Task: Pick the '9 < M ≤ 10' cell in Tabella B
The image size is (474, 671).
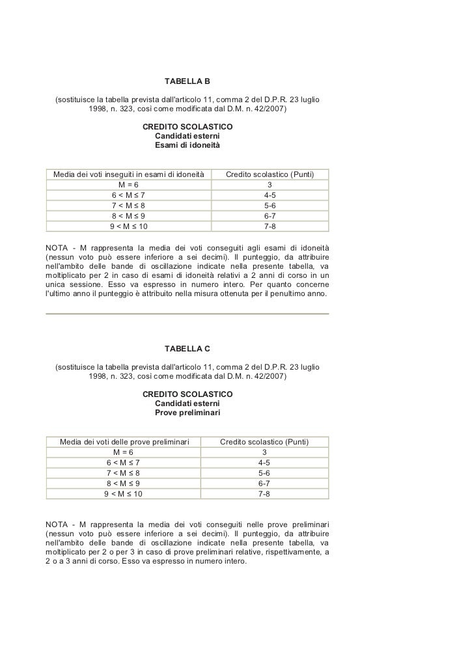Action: (128, 226)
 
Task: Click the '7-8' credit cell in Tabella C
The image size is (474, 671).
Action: (264, 494)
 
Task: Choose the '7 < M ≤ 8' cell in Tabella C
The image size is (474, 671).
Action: (123, 473)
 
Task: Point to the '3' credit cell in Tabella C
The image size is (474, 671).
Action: (264, 452)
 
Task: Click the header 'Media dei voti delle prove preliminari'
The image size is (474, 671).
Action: (124, 442)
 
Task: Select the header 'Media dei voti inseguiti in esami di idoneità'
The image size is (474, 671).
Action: (128, 174)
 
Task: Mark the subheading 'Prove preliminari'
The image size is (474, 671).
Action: (187, 413)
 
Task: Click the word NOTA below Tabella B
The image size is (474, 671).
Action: (57, 248)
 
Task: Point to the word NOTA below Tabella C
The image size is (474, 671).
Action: (57, 525)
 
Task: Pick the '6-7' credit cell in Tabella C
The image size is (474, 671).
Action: (264, 484)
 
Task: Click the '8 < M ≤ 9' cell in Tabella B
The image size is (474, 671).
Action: (128, 216)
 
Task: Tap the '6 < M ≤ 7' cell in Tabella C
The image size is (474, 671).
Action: (123, 463)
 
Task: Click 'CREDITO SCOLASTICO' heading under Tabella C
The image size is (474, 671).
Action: (187, 394)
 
